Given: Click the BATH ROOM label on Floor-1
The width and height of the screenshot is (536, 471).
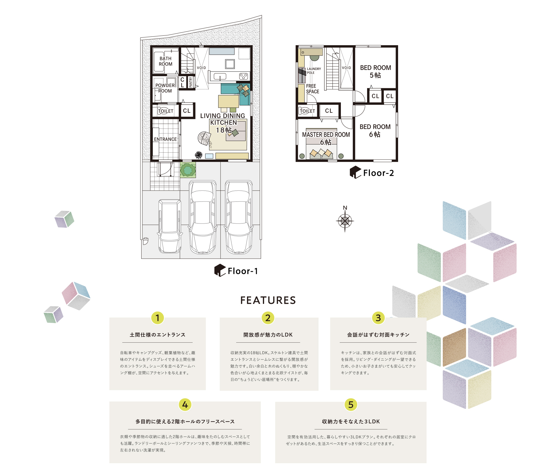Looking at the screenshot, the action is point(166,61).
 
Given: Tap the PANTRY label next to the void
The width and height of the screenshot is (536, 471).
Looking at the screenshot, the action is point(191,82).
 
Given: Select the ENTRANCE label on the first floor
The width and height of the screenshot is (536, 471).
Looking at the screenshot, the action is point(165,139).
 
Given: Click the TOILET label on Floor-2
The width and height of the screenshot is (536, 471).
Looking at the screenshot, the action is point(307,111).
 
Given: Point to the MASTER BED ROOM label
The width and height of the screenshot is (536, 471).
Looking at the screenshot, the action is point(326,135).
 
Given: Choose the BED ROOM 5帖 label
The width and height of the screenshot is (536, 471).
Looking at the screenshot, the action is point(375,71).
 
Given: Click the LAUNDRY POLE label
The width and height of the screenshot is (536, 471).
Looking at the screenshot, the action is point(314,71).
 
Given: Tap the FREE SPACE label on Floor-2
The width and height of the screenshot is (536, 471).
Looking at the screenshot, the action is point(312,89).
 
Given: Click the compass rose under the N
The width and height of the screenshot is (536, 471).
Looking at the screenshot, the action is point(345,221).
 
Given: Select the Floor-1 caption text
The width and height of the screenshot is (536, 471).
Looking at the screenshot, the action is point(243,271).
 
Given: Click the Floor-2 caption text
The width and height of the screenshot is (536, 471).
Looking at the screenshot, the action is point(378,173).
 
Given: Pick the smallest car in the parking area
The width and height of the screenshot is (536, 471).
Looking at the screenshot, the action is point(170,226).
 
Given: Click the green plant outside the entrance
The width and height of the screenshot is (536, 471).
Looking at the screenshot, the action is point(188,170).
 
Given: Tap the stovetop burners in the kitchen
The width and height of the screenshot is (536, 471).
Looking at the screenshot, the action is point(244,76).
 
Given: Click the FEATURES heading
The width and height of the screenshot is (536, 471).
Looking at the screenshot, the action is point(268,300).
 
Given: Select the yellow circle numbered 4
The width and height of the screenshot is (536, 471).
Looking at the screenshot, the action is point(185,405).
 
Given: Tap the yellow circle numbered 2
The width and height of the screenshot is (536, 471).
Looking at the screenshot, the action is point(268,318).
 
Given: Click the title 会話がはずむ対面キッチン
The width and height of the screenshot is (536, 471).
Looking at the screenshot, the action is point(378,335).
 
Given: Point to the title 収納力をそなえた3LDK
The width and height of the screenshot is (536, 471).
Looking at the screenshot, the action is point(351,422).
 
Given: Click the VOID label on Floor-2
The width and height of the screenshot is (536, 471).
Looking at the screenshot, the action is point(346,68).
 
